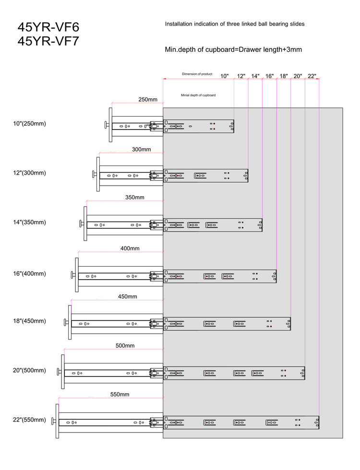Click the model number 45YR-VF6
coord(48,27)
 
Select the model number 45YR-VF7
coord(48,41)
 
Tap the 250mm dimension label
coord(148,100)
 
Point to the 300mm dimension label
coord(141,149)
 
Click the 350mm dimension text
coord(135,197)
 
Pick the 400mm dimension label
coord(130,248)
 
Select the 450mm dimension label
coord(128,296)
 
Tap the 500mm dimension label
coord(125,346)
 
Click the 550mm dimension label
coord(120,394)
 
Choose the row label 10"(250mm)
coord(29,124)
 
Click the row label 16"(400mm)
coord(29,273)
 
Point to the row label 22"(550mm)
coord(29,420)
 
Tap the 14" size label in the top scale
coord(255,76)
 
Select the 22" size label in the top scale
coord(312,76)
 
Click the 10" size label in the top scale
coord(225,76)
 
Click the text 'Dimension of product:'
coord(197,74)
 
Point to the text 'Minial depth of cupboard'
coord(198,95)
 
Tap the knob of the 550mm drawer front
coord(53,421)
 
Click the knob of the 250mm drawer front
coord(107,125)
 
